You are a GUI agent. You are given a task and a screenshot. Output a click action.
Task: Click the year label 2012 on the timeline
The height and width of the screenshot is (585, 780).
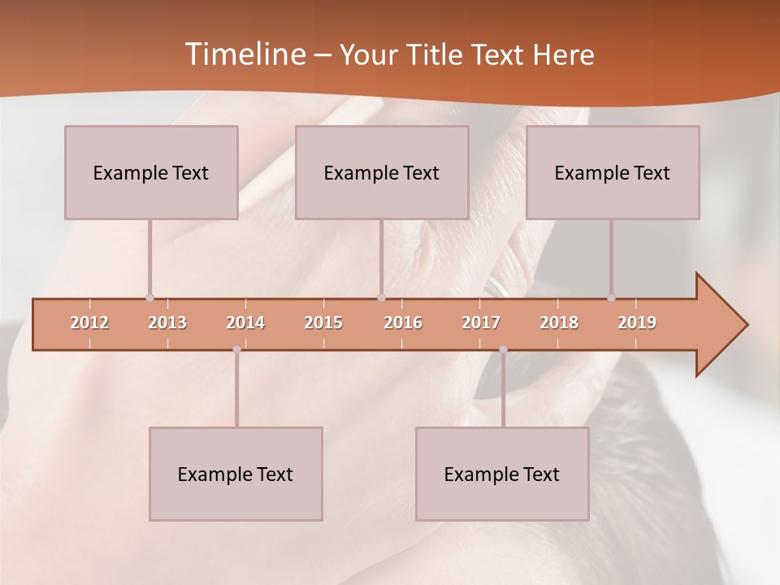tap(89, 323)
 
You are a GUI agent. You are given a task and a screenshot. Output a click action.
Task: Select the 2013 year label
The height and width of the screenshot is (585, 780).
tap(167, 323)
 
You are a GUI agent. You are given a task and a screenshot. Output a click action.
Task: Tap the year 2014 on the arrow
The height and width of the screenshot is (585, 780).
tap(245, 323)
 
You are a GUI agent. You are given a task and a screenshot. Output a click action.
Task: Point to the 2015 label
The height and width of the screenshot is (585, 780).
tap(323, 323)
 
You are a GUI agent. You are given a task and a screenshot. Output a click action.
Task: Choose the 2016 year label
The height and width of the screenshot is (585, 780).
tap(403, 323)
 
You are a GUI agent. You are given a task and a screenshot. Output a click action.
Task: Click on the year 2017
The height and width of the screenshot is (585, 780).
tap(481, 323)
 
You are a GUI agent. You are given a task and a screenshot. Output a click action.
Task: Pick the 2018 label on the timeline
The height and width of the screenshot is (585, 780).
tap(559, 323)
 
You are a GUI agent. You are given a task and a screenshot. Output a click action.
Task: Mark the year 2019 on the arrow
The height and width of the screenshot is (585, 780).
tap(637, 323)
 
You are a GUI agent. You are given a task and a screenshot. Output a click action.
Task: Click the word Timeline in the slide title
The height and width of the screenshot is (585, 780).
tap(244, 54)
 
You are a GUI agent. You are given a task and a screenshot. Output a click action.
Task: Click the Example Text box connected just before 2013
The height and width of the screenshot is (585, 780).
tap(151, 172)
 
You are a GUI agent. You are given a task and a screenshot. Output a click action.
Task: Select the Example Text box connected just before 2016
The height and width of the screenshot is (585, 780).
tap(382, 172)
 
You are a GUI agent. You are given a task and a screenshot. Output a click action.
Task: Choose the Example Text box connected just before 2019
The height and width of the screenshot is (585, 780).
tap(613, 172)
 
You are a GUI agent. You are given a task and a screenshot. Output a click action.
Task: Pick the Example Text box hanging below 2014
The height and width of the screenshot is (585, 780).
tap(236, 474)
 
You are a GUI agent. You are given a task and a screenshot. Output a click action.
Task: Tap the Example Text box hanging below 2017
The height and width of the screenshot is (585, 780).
tap(502, 474)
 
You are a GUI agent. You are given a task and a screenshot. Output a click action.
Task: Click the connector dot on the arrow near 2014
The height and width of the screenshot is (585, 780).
tap(236, 349)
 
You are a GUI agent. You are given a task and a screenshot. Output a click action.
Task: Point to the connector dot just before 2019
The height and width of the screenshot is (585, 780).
tap(611, 298)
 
